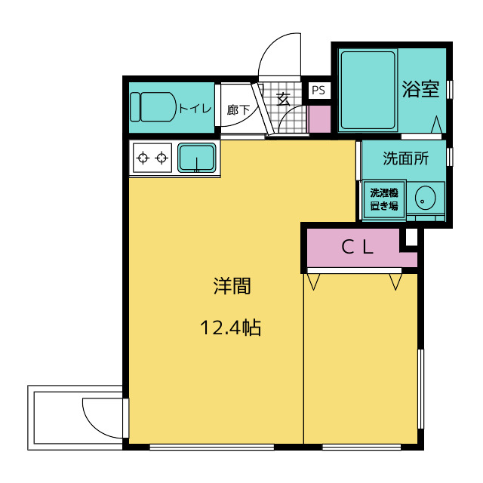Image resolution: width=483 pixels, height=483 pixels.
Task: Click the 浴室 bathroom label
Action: (x=420, y=89)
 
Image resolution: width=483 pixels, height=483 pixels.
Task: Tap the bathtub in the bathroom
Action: (x=368, y=91)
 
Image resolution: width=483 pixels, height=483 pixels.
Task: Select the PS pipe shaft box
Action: (x=318, y=91)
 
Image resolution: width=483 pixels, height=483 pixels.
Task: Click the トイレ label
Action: (x=195, y=109)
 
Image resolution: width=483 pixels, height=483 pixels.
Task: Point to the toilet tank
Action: (x=135, y=107)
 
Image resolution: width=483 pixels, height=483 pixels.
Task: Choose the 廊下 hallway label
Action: (x=238, y=109)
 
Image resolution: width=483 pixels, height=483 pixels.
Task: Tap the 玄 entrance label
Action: (x=283, y=99)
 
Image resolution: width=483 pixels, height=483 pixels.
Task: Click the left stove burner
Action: (x=143, y=158)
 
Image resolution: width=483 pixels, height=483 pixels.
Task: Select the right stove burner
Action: (x=162, y=158)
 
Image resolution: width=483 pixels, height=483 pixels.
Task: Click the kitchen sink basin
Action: (x=197, y=158)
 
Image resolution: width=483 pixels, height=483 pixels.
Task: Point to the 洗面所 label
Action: (x=406, y=158)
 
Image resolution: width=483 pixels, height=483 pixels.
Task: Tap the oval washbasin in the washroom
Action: (x=425, y=198)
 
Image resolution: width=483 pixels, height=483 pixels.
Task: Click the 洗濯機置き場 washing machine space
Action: (x=384, y=199)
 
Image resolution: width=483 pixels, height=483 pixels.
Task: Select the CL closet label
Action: (x=357, y=247)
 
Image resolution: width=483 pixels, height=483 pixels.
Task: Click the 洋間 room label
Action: (x=232, y=286)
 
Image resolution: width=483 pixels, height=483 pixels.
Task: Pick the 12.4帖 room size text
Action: (x=230, y=328)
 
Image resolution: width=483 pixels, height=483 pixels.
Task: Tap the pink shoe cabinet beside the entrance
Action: (x=319, y=119)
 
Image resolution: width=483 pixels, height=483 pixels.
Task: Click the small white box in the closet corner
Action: (x=411, y=237)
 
